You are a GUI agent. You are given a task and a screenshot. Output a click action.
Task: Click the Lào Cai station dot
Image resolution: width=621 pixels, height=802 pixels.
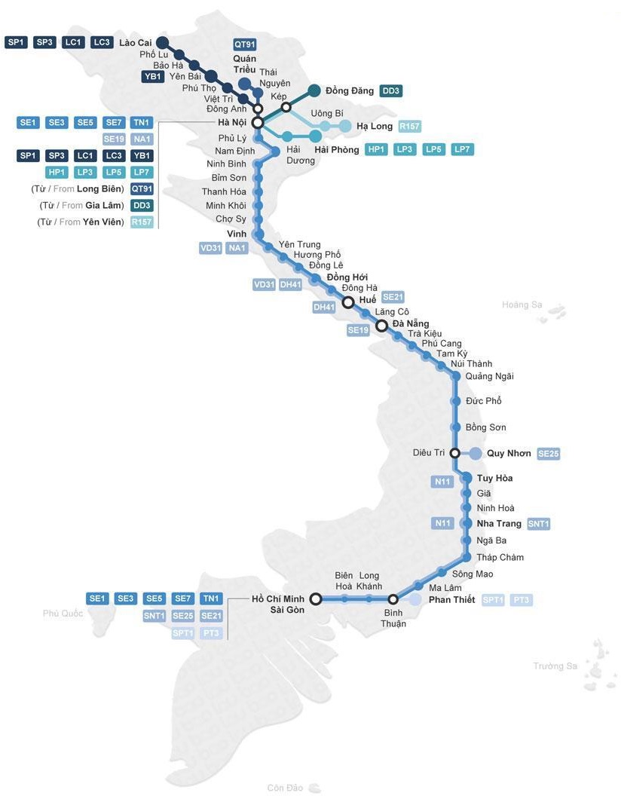161,42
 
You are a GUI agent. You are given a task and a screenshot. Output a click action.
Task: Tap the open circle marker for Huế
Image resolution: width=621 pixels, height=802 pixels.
348,302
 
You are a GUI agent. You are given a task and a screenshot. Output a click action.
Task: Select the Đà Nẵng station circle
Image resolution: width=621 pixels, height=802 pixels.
381,326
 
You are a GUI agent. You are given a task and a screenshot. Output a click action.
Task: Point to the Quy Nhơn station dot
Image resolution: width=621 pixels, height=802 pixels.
476,453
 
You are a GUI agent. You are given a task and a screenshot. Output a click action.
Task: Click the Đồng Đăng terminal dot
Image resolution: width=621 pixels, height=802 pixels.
314,90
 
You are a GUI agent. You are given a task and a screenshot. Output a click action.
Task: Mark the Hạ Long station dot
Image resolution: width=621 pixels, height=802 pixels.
345,126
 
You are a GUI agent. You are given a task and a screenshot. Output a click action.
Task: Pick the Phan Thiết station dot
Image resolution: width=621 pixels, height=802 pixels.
415,599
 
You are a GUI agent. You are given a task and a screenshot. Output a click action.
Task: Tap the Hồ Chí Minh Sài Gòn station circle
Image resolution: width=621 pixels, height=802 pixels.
316,598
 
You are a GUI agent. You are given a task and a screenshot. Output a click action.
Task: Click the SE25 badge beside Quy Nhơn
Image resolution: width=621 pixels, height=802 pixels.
548,454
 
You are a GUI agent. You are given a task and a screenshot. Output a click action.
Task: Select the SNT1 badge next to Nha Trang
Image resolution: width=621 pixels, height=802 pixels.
538,524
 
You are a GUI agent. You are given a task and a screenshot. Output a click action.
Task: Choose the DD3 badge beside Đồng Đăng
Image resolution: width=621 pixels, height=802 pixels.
391,91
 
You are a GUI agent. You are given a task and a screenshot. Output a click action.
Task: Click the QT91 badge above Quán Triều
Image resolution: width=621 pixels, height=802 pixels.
245,44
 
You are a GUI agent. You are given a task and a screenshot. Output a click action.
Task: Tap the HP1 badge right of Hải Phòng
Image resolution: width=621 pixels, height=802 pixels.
376,149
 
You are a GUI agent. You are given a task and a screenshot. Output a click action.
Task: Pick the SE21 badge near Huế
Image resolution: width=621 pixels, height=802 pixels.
393,297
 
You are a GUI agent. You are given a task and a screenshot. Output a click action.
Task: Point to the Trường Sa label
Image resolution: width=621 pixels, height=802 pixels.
555,666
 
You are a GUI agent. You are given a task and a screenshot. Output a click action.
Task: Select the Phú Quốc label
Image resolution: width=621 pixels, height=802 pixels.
63,614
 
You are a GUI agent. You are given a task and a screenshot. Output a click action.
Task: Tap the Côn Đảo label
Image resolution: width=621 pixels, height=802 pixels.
285,788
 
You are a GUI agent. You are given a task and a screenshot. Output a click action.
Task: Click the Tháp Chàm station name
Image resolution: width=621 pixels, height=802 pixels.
500,557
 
